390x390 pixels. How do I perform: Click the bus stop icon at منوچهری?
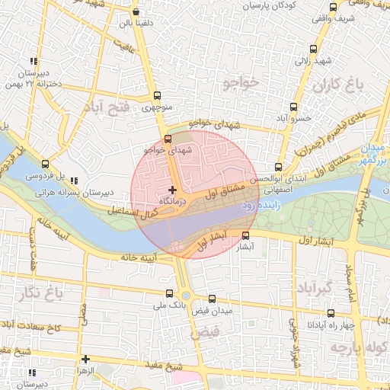point(157,95)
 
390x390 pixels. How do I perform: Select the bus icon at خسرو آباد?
point(293,107)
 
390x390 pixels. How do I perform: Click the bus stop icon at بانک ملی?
point(169,292)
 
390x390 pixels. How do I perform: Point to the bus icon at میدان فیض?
point(212,299)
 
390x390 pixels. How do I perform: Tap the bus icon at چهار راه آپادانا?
point(330,312)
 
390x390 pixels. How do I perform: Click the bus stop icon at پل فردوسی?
point(45,163)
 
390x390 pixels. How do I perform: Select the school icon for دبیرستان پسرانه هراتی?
point(74,181)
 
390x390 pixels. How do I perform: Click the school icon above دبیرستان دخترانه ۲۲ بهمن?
point(33,61)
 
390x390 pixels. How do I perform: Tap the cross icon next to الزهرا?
point(85,359)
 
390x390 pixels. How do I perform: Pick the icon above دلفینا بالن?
point(136,11)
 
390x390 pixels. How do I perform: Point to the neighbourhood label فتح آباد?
point(109,106)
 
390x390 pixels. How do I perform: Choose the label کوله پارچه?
point(357,347)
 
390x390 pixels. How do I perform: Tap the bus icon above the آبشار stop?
point(245,235)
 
